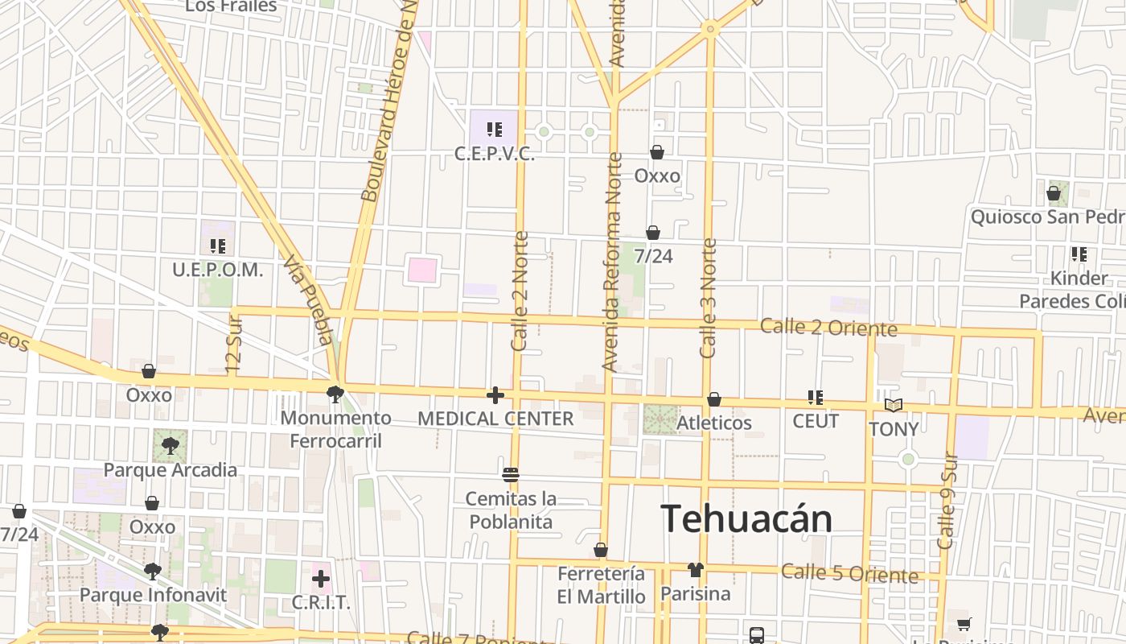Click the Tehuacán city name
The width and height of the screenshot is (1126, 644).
[x=746, y=519]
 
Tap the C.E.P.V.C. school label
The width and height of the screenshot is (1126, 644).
[x=495, y=154]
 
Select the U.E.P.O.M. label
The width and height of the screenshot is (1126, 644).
[x=217, y=270]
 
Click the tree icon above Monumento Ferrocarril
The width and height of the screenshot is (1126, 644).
[x=335, y=394]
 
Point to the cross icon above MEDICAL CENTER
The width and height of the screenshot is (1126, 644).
[x=495, y=395]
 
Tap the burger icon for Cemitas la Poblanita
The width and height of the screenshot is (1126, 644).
[x=511, y=474]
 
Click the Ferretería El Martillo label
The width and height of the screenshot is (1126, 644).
[x=602, y=585]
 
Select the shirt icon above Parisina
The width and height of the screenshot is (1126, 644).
[x=696, y=570]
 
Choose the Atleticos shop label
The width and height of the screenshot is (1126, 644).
[x=714, y=423]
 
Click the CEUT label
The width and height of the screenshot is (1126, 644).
[x=816, y=421]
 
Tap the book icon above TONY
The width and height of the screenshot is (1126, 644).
[x=894, y=405]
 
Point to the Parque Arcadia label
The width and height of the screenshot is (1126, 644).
[x=171, y=470]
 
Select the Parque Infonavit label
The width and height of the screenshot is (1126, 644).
[x=153, y=596]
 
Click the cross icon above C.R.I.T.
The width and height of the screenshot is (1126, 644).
[x=321, y=579]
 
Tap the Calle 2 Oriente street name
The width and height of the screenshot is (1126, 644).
[x=828, y=328]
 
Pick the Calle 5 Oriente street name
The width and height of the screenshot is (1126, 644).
[x=850, y=574]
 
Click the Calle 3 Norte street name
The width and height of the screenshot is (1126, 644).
[x=708, y=298]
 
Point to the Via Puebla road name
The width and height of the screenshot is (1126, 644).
[x=309, y=300]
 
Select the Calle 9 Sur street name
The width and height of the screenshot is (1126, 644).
[x=947, y=499]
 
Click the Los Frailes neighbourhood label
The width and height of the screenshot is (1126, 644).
[x=231, y=6]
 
